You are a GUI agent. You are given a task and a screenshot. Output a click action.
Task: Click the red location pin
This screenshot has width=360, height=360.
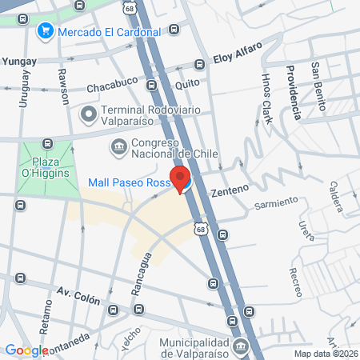pos(178,178)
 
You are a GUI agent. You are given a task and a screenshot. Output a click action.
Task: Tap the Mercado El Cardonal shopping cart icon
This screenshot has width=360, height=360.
pos(45,32)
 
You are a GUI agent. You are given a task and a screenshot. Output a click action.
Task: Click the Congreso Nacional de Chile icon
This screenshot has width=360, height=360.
pos(119,146)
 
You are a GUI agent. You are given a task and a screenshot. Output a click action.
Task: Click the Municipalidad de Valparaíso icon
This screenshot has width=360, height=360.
pos(241,346)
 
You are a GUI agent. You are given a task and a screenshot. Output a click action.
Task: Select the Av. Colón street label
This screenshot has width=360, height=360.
pos(78,296)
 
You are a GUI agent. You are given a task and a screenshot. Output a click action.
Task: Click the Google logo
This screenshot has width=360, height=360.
pos(26,350)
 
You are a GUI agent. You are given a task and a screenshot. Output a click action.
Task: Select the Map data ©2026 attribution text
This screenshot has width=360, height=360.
pos(326,354)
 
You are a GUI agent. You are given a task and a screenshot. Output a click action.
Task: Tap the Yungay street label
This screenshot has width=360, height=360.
pos(20,61)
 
